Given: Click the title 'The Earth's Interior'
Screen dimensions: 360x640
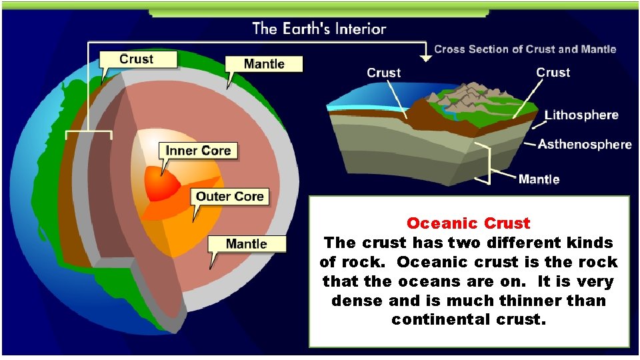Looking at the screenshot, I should click(x=319, y=29).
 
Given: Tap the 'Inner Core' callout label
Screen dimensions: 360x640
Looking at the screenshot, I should click(x=197, y=151).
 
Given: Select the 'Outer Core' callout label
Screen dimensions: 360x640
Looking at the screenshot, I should click(x=230, y=196).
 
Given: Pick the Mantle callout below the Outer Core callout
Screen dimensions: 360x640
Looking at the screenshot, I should click(x=246, y=243).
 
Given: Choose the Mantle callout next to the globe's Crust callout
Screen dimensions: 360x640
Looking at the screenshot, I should click(x=264, y=64).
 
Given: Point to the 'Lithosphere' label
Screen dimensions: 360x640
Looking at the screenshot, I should click(x=581, y=115).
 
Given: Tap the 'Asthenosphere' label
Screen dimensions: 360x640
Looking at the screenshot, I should click(x=585, y=144).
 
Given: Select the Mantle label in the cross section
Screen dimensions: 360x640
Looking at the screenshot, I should click(x=539, y=179).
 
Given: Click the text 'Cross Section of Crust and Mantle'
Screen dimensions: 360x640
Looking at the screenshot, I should click(x=525, y=49).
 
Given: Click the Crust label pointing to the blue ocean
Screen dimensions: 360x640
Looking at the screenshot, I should click(x=384, y=73).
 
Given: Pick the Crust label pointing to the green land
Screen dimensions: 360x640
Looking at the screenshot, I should click(x=553, y=73).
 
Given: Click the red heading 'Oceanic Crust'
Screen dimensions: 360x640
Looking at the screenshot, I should click(x=469, y=223).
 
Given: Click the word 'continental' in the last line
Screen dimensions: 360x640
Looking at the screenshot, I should click(x=437, y=320).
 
